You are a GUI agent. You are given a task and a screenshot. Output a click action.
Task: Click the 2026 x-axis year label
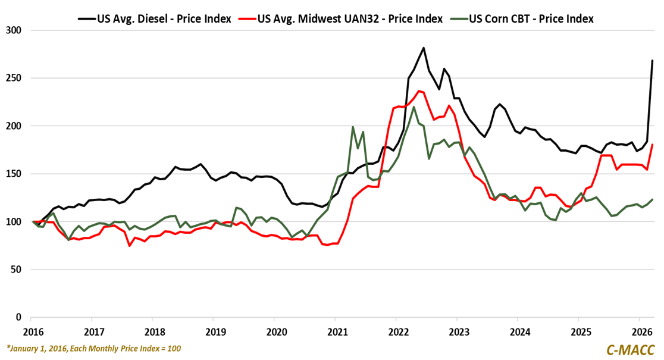pos(640,331)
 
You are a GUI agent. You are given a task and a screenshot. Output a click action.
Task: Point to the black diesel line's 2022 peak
pos(423,48)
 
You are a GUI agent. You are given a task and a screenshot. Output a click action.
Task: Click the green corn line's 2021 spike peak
pos(353,127)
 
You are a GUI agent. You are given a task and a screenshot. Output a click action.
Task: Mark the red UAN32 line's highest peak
pos(419,91)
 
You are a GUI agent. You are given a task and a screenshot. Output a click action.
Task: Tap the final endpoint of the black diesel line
pos(652,61)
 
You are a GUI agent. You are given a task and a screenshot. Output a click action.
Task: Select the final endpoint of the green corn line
pos(652,199)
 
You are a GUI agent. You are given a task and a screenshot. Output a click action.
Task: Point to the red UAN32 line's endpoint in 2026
pos(652,145)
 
